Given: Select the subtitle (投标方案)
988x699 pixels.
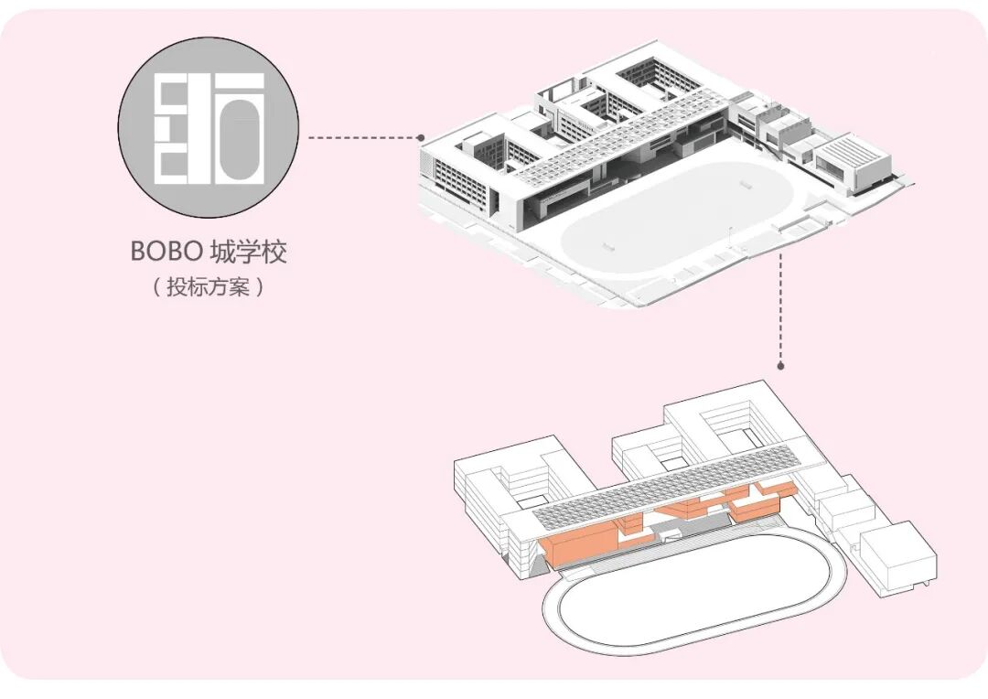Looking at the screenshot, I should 208,286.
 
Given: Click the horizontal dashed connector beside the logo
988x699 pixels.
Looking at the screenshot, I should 362,138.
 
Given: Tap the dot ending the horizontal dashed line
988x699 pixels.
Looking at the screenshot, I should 422,138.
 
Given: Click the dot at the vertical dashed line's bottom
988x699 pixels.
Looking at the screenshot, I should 780,364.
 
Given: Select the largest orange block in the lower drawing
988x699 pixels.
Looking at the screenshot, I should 581,542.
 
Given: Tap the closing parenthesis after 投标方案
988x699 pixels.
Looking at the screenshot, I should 261,286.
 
